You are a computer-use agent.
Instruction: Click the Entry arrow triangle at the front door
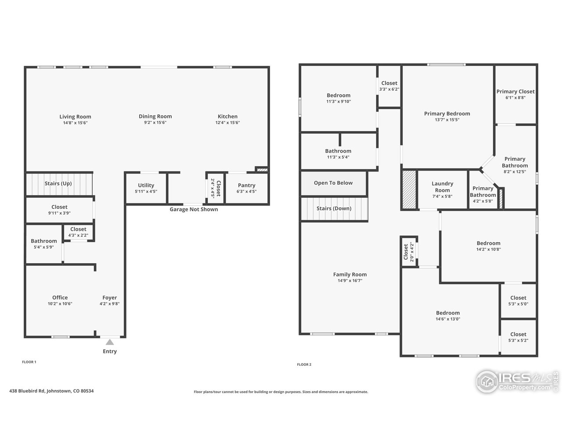(x=110, y=342)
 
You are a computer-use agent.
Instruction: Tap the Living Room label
(x=75, y=117)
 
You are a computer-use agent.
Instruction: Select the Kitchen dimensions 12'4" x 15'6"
(x=227, y=123)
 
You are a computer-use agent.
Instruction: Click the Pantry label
(x=246, y=185)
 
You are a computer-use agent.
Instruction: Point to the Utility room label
(x=146, y=185)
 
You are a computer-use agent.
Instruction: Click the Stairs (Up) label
(x=58, y=183)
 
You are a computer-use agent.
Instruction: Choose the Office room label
(x=60, y=297)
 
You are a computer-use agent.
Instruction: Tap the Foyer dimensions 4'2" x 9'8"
(x=110, y=303)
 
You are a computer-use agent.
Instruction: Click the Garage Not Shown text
(x=194, y=209)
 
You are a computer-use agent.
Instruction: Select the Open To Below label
(x=333, y=183)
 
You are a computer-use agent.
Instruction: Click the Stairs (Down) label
(x=334, y=208)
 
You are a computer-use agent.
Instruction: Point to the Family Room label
(x=349, y=275)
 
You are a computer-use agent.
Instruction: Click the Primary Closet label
(x=515, y=92)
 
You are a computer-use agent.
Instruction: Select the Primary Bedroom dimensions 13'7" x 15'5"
(x=447, y=120)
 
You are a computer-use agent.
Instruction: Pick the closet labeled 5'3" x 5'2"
(x=518, y=337)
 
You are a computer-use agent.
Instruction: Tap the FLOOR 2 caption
(x=304, y=364)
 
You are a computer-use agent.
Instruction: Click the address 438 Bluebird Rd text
(x=51, y=391)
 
